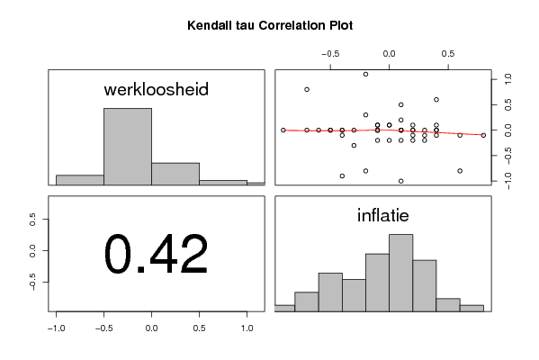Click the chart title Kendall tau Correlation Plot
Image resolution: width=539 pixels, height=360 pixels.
(x=270, y=25)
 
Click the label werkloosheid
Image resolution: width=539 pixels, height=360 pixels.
(x=156, y=89)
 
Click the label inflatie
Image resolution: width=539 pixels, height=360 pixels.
(x=383, y=216)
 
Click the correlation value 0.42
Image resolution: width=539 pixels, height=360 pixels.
(x=156, y=254)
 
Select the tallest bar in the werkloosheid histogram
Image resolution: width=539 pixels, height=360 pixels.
(x=128, y=147)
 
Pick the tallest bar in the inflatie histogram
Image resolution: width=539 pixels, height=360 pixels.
(x=400, y=273)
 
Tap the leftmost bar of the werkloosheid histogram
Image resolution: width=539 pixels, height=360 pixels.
(x=80, y=180)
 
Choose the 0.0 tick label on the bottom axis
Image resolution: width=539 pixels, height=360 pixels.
(x=151, y=328)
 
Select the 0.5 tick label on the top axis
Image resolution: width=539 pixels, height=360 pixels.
(x=448, y=54)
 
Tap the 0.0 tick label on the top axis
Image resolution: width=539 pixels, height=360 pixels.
(x=389, y=54)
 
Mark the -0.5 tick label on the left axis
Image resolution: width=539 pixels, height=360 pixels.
(x=32, y=283)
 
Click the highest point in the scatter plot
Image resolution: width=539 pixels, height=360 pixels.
(x=365, y=75)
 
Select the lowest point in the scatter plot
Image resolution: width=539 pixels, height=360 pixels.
(x=400, y=181)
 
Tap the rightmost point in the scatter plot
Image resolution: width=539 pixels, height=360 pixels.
(x=483, y=136)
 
